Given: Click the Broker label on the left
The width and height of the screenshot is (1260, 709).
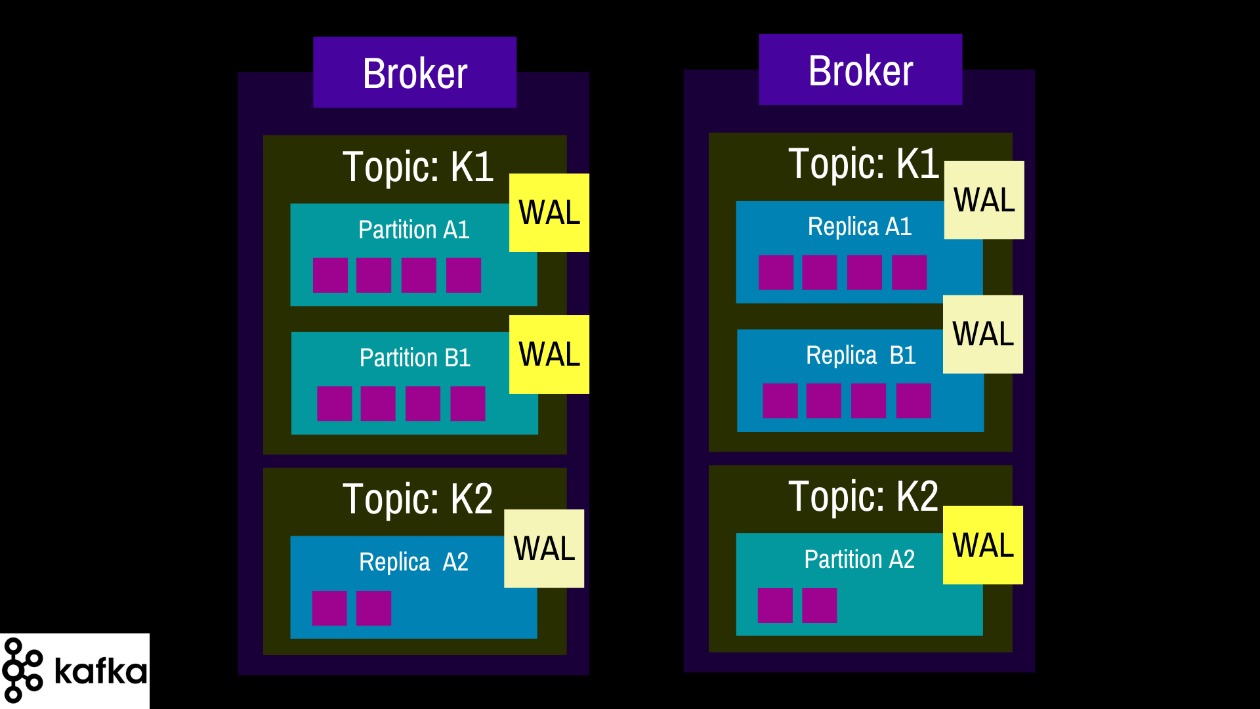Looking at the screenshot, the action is coord(415,73).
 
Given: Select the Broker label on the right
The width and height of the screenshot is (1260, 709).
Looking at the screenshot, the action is coord(860,70).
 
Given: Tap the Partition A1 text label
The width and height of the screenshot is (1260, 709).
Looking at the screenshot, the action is coord(414,230).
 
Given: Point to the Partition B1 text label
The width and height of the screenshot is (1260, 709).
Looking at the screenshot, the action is coord(415,358).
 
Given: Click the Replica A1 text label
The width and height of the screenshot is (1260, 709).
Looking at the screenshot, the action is coord(860,226).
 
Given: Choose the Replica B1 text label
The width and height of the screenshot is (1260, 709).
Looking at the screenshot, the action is coord(860,355).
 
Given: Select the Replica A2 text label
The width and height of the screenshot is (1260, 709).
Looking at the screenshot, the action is coord(413,562).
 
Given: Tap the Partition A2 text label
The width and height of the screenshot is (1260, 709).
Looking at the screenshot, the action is coord(859,559).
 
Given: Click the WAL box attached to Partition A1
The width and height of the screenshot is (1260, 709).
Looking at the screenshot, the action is coord(549,213).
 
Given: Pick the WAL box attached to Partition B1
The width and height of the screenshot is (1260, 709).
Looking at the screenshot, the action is coord(549,354).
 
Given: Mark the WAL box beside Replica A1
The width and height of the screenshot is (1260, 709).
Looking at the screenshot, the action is coord(984,200).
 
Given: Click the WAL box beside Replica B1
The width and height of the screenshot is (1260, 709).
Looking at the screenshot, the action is coord(983,334).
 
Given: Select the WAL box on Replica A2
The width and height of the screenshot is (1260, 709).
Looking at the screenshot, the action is coord(544,549).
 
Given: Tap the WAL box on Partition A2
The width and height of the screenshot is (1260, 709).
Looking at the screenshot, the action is coord(983,545).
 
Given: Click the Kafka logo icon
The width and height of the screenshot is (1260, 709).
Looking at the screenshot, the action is coord(22,670).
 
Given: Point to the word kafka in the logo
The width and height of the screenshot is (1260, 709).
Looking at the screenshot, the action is coord(100,671).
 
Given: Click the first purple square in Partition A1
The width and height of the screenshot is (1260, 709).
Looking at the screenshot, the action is coord(330,275).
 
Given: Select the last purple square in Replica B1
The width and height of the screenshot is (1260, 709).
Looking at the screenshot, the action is coord(913,400).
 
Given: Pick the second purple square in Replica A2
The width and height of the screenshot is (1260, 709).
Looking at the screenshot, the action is coord(373,608).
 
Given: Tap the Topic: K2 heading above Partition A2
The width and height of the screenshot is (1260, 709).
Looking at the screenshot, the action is coord(863,496).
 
